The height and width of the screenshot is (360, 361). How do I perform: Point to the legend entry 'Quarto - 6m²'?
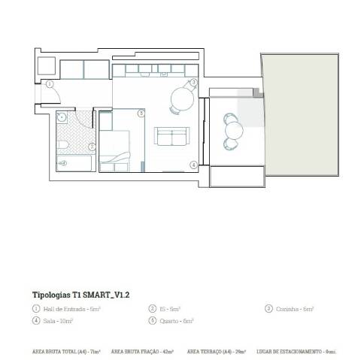(x=177, y=321)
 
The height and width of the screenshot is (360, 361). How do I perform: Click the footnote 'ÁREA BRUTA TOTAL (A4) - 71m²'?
(x=65, y=351)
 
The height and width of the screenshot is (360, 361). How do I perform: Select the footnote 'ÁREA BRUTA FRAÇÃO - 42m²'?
(x=142, y=351)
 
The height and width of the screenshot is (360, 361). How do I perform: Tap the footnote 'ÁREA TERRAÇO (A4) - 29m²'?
(x=217, y=351)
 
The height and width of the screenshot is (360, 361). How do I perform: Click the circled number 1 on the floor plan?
(x=50, y=84)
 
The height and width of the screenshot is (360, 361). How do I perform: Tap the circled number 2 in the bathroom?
(x=92, y=147)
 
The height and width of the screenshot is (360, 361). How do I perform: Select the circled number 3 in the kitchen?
(x=193, y=82)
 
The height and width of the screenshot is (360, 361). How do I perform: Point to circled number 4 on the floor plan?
(x=193, y=164)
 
